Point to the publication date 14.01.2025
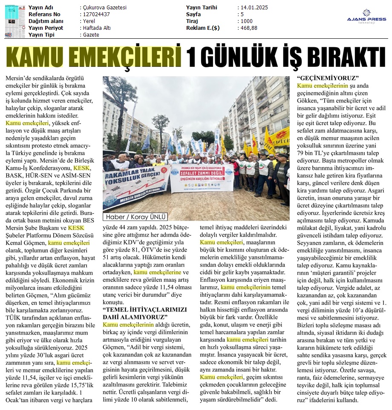pos(255,8)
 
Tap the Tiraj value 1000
pos(246,21)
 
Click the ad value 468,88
pos(249,28)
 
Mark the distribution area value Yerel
pos(89,21)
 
